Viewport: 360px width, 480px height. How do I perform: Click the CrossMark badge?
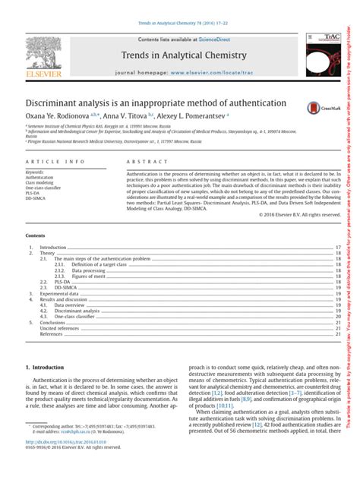coord(317,109)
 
